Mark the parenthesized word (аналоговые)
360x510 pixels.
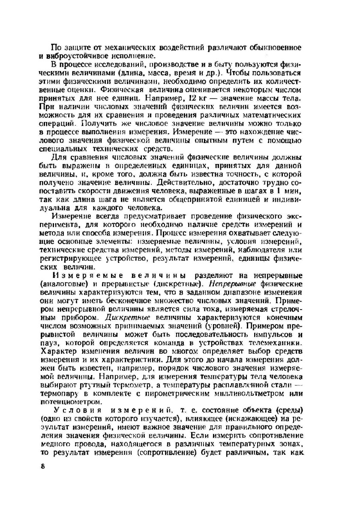[73, 283]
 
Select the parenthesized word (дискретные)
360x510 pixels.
[171, 283]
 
